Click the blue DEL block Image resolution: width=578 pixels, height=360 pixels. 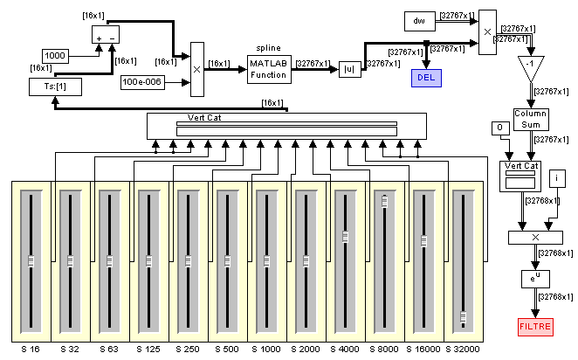(x=426, y=78)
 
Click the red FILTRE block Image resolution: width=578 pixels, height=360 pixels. (x=535, y=327)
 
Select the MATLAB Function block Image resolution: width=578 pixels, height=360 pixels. (x=269, y=69)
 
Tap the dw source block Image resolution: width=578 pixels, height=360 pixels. (x=419, y=21)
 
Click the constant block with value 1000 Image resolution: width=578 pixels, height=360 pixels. (x=55, y=56)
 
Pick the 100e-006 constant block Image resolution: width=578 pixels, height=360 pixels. (x=142, y=82)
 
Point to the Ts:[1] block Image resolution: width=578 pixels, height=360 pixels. (x=55, y=87)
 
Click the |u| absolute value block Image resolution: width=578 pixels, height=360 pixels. (x=350, y=69)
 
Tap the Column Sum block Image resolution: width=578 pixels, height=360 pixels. (x=531, y=119)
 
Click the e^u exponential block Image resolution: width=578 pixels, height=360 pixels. (x=535, y=279)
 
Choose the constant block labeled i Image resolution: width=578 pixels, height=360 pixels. (x=557, y=178)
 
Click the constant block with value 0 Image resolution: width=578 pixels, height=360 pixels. (x=500, y=128)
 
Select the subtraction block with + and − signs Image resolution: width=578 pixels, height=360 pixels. (x=106, y=35)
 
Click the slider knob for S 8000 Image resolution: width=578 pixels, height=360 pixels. (x=384, y=201)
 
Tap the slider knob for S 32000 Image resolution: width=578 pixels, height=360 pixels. (x=463, y=317)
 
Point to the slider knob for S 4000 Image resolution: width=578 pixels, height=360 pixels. (x=345, y=237)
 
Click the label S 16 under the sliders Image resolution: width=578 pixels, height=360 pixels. (x=31, y=349)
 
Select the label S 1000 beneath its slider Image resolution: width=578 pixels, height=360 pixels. (x=266, y=349)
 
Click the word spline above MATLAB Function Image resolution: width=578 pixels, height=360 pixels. (x=268, y=48)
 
